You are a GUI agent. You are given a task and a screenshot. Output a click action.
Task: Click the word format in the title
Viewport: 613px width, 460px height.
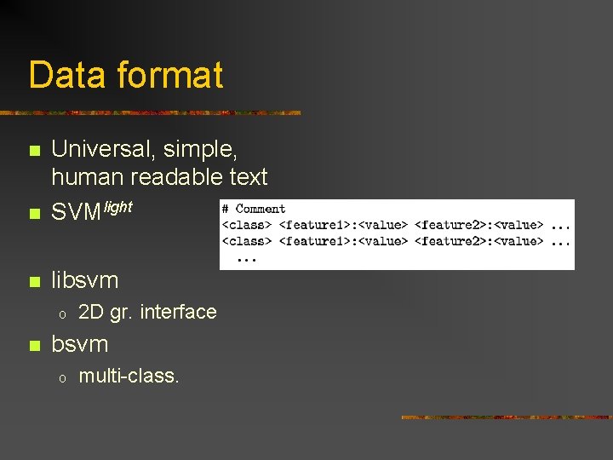pos(170,75)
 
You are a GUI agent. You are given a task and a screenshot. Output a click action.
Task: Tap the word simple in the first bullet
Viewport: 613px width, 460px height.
pos(205,151)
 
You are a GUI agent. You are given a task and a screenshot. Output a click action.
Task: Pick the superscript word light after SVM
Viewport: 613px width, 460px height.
pos(117,207)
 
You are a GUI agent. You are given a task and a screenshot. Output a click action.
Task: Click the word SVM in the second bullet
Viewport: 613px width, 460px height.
pos(77,213)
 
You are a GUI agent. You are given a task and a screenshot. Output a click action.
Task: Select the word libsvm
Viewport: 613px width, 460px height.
pos(85,279)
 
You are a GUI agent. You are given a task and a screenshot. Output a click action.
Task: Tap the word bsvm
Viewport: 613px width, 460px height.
pos(80,344)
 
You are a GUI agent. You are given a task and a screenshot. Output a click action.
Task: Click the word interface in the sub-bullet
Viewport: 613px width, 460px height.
pos(178,312)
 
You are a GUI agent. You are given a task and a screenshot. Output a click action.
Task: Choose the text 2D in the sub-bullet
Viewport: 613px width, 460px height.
pos(91,312)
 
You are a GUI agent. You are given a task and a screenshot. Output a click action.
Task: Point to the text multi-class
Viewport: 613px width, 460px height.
pos(129,376)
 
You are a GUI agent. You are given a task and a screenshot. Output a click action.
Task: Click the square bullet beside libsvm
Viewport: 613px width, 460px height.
pos(34,281)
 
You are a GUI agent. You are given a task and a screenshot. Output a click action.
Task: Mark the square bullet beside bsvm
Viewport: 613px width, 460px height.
pos(34,346)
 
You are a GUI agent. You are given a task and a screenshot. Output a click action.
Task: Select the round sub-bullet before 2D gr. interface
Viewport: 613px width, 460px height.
pos(61,313)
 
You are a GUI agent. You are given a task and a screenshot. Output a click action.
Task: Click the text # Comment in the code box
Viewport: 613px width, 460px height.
pos(254,209)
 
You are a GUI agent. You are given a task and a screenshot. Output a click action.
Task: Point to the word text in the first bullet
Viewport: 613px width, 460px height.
pos(248,177)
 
